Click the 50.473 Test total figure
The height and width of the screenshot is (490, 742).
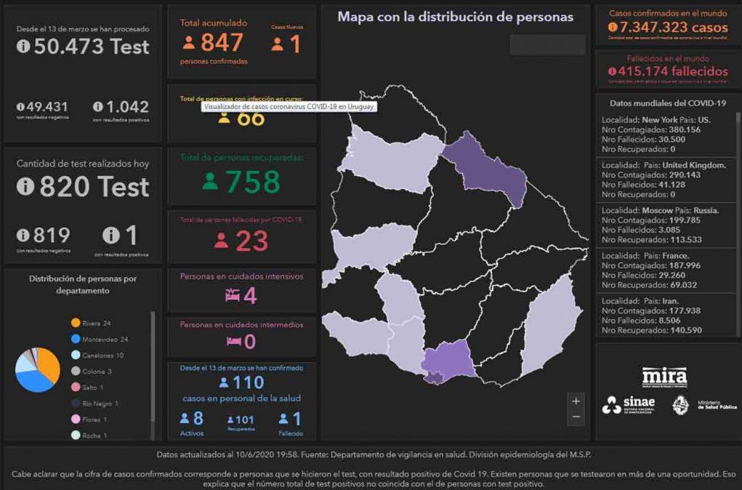[x=92, y=47]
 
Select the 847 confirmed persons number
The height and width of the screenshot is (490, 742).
[x=222, y=44]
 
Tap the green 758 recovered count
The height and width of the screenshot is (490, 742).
[x=252, y=182]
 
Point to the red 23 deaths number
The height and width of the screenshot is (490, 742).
[x=251, y=241]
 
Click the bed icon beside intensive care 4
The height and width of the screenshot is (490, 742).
[x=233, y=295]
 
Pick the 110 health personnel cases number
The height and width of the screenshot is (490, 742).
[x=247, y=382]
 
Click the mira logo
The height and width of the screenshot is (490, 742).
[x=664, y=377]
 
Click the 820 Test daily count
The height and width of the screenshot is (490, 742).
[x=94, y=187]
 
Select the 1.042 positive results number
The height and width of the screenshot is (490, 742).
[x=126, y=106]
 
